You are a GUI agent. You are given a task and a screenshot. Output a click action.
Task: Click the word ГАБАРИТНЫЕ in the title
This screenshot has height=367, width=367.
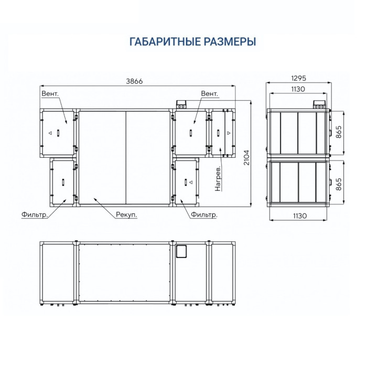165,41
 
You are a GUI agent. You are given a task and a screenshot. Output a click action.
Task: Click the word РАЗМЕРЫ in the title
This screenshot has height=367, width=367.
230,41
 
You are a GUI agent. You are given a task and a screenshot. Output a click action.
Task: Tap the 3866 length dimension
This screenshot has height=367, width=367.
134,81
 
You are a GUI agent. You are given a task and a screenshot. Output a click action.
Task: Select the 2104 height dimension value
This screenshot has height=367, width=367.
247,157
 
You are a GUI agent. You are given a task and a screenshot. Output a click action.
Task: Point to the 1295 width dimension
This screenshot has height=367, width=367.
299,78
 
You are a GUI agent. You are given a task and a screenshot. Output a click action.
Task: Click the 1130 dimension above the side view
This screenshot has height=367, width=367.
298,89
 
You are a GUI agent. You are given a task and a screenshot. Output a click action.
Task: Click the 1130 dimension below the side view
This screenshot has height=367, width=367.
299,216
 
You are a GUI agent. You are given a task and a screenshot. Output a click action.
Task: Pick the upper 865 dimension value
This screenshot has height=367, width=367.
339,132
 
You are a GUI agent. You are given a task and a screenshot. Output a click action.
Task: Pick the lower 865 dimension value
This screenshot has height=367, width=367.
339,184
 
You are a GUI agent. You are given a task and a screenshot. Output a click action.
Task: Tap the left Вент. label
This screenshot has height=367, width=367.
50,94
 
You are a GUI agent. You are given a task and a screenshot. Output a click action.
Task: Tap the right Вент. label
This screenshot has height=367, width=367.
210,94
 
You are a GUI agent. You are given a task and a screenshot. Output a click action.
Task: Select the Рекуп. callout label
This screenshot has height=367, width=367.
126,214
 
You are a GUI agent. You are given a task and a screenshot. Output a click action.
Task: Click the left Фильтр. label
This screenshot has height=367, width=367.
35,214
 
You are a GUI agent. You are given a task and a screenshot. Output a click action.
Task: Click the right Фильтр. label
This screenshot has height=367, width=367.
204,214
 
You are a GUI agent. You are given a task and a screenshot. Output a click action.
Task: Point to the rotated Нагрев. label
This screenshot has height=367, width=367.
218,179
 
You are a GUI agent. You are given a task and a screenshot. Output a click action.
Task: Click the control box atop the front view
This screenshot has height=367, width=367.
181,105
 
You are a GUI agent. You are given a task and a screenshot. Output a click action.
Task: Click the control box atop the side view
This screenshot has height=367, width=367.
319,105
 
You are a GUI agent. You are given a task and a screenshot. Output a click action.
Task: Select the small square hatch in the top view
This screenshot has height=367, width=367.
181,251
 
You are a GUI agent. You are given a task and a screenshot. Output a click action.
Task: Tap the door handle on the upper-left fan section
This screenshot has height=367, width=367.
58,133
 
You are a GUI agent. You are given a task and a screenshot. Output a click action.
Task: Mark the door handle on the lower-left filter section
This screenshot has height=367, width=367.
63,182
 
